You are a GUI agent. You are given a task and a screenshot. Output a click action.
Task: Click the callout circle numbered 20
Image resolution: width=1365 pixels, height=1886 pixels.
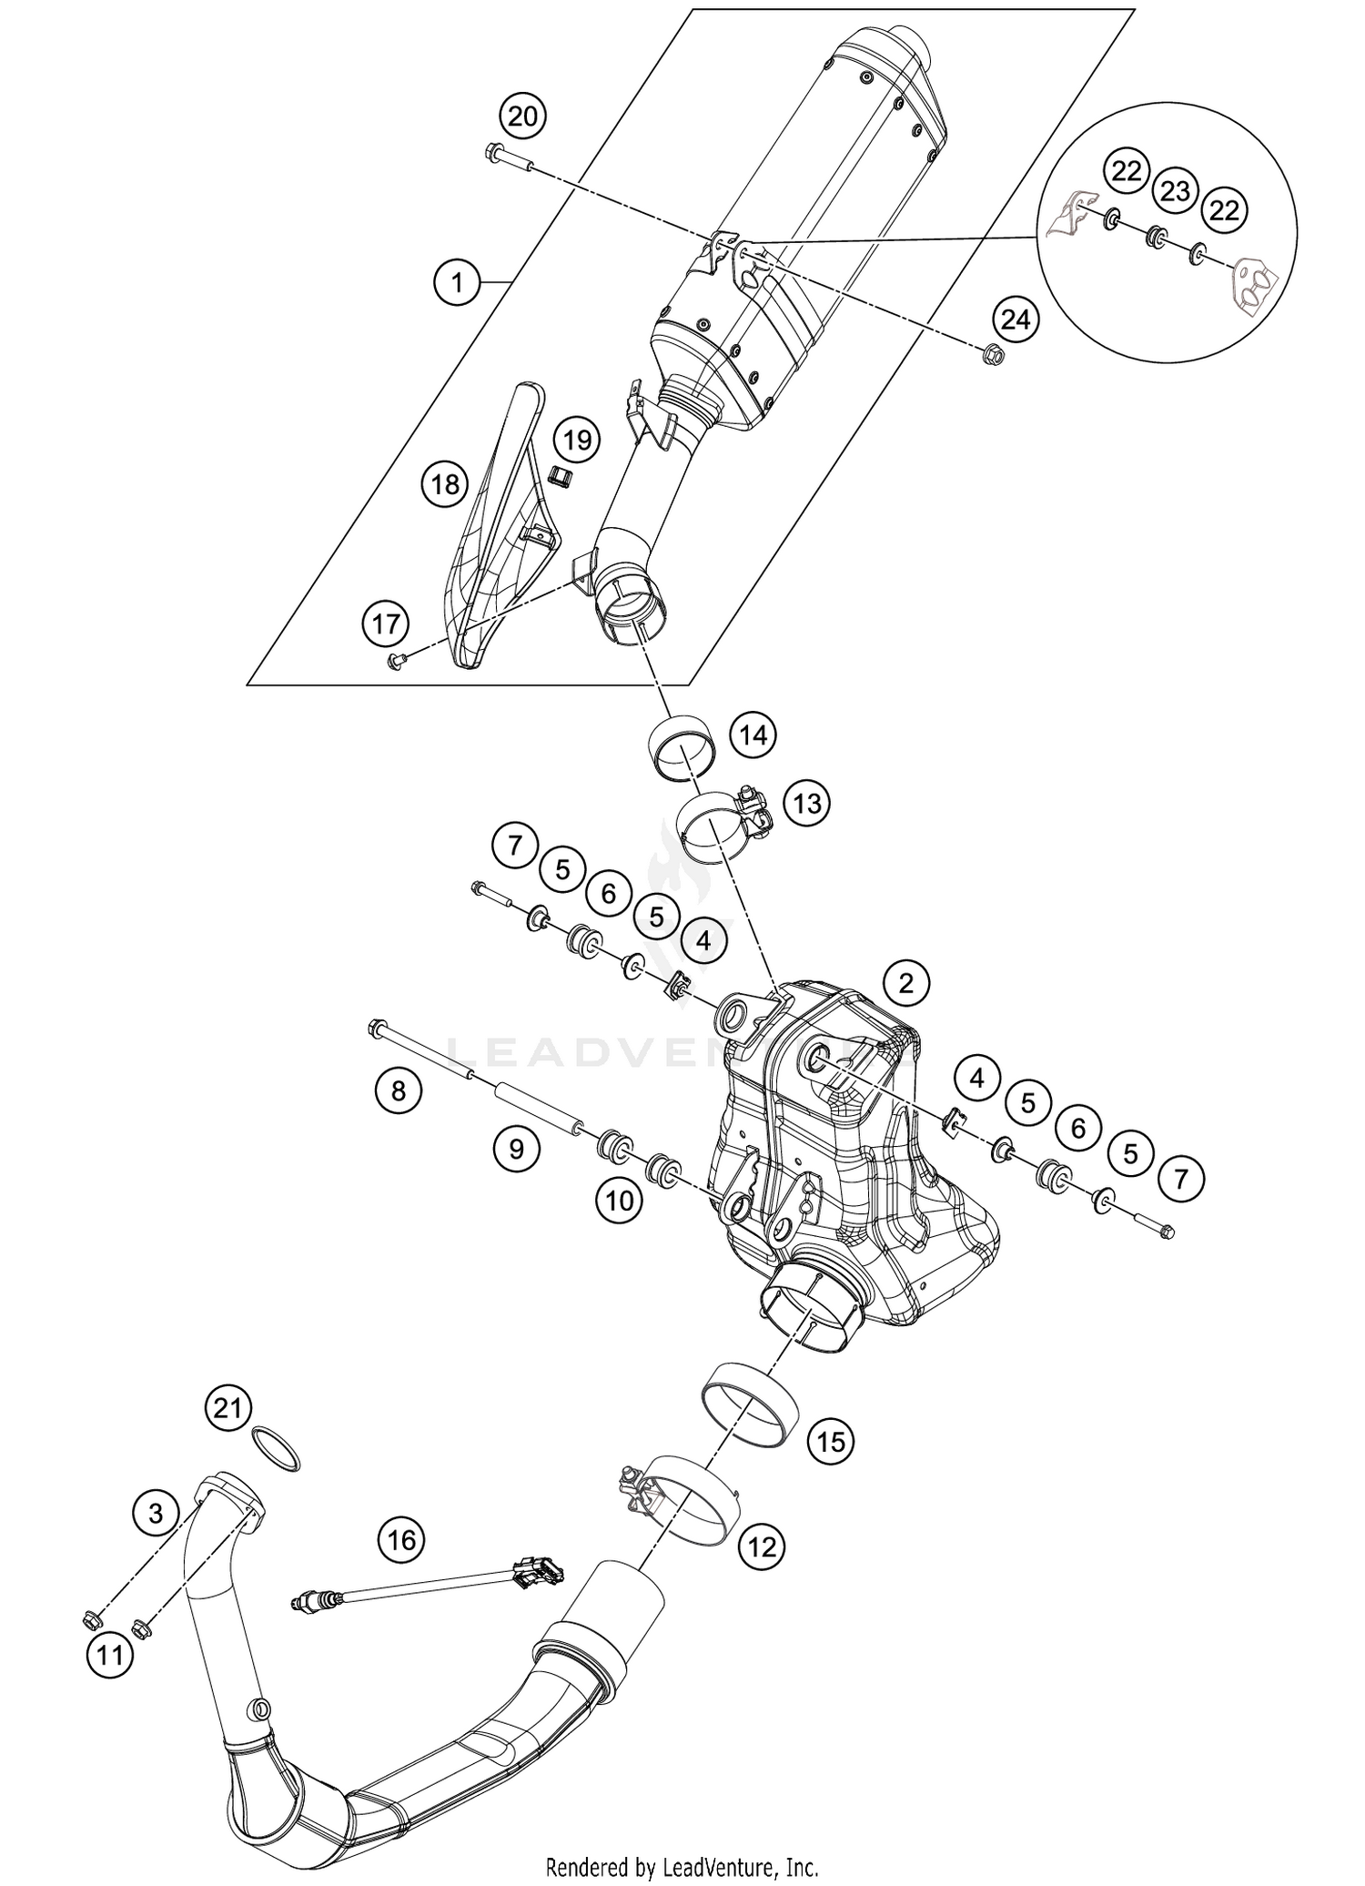pyautogui.click(x=523, y=117)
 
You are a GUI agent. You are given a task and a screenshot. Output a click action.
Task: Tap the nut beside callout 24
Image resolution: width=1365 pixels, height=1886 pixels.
pyautogui.click(x=993, y=356)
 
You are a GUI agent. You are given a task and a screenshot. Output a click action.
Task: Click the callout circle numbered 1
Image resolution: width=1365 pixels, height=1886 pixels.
pyautogui.click(x=458, y=283)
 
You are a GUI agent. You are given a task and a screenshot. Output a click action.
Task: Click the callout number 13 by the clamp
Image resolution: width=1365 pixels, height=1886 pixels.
pyautogui.click(x=807, y=803)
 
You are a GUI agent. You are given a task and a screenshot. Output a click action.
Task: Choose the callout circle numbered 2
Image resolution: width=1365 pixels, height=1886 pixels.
pyautogui.click(x=905, y=982)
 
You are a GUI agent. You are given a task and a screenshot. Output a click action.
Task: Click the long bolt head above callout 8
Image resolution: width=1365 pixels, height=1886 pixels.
pyautogui.click(x=376, y=1029)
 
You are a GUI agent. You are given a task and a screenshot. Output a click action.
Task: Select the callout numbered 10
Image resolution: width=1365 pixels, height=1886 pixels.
pyautogui.click(x=619, y=1201)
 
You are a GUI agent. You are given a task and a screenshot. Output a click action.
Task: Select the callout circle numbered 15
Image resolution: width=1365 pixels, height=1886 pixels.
pyautogui.click(x=831, y=1441)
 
